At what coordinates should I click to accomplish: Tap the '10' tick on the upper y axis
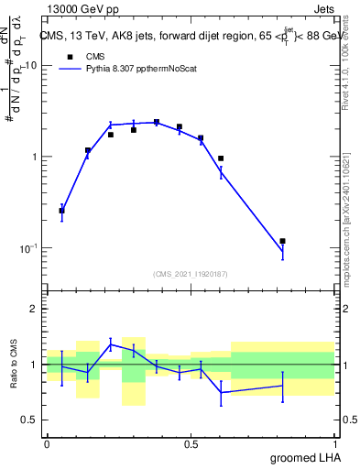30,65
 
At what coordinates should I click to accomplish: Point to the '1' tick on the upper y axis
34,157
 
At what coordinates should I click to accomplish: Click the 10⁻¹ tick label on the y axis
28,248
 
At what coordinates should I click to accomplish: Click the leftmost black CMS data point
61,211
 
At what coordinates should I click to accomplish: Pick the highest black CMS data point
157,122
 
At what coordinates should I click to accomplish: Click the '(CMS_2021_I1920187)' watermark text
191,273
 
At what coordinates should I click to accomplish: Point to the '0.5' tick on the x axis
191,443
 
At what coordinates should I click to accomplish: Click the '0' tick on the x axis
47,443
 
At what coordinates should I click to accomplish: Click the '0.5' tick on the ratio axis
30,420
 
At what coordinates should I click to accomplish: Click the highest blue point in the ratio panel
110,344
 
